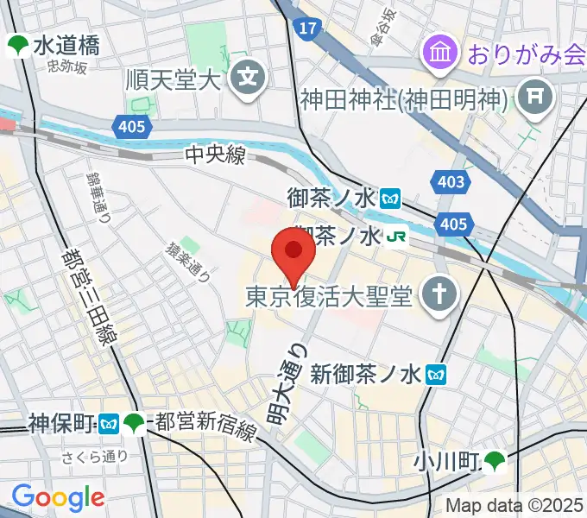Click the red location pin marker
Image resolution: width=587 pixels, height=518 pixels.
293,253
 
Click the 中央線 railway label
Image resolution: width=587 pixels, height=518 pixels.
216,155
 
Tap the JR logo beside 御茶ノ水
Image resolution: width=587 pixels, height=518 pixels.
396,236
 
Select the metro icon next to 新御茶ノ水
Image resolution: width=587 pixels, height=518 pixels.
439,374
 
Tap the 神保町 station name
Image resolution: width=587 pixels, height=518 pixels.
60,423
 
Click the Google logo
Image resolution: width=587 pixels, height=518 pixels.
58,497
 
